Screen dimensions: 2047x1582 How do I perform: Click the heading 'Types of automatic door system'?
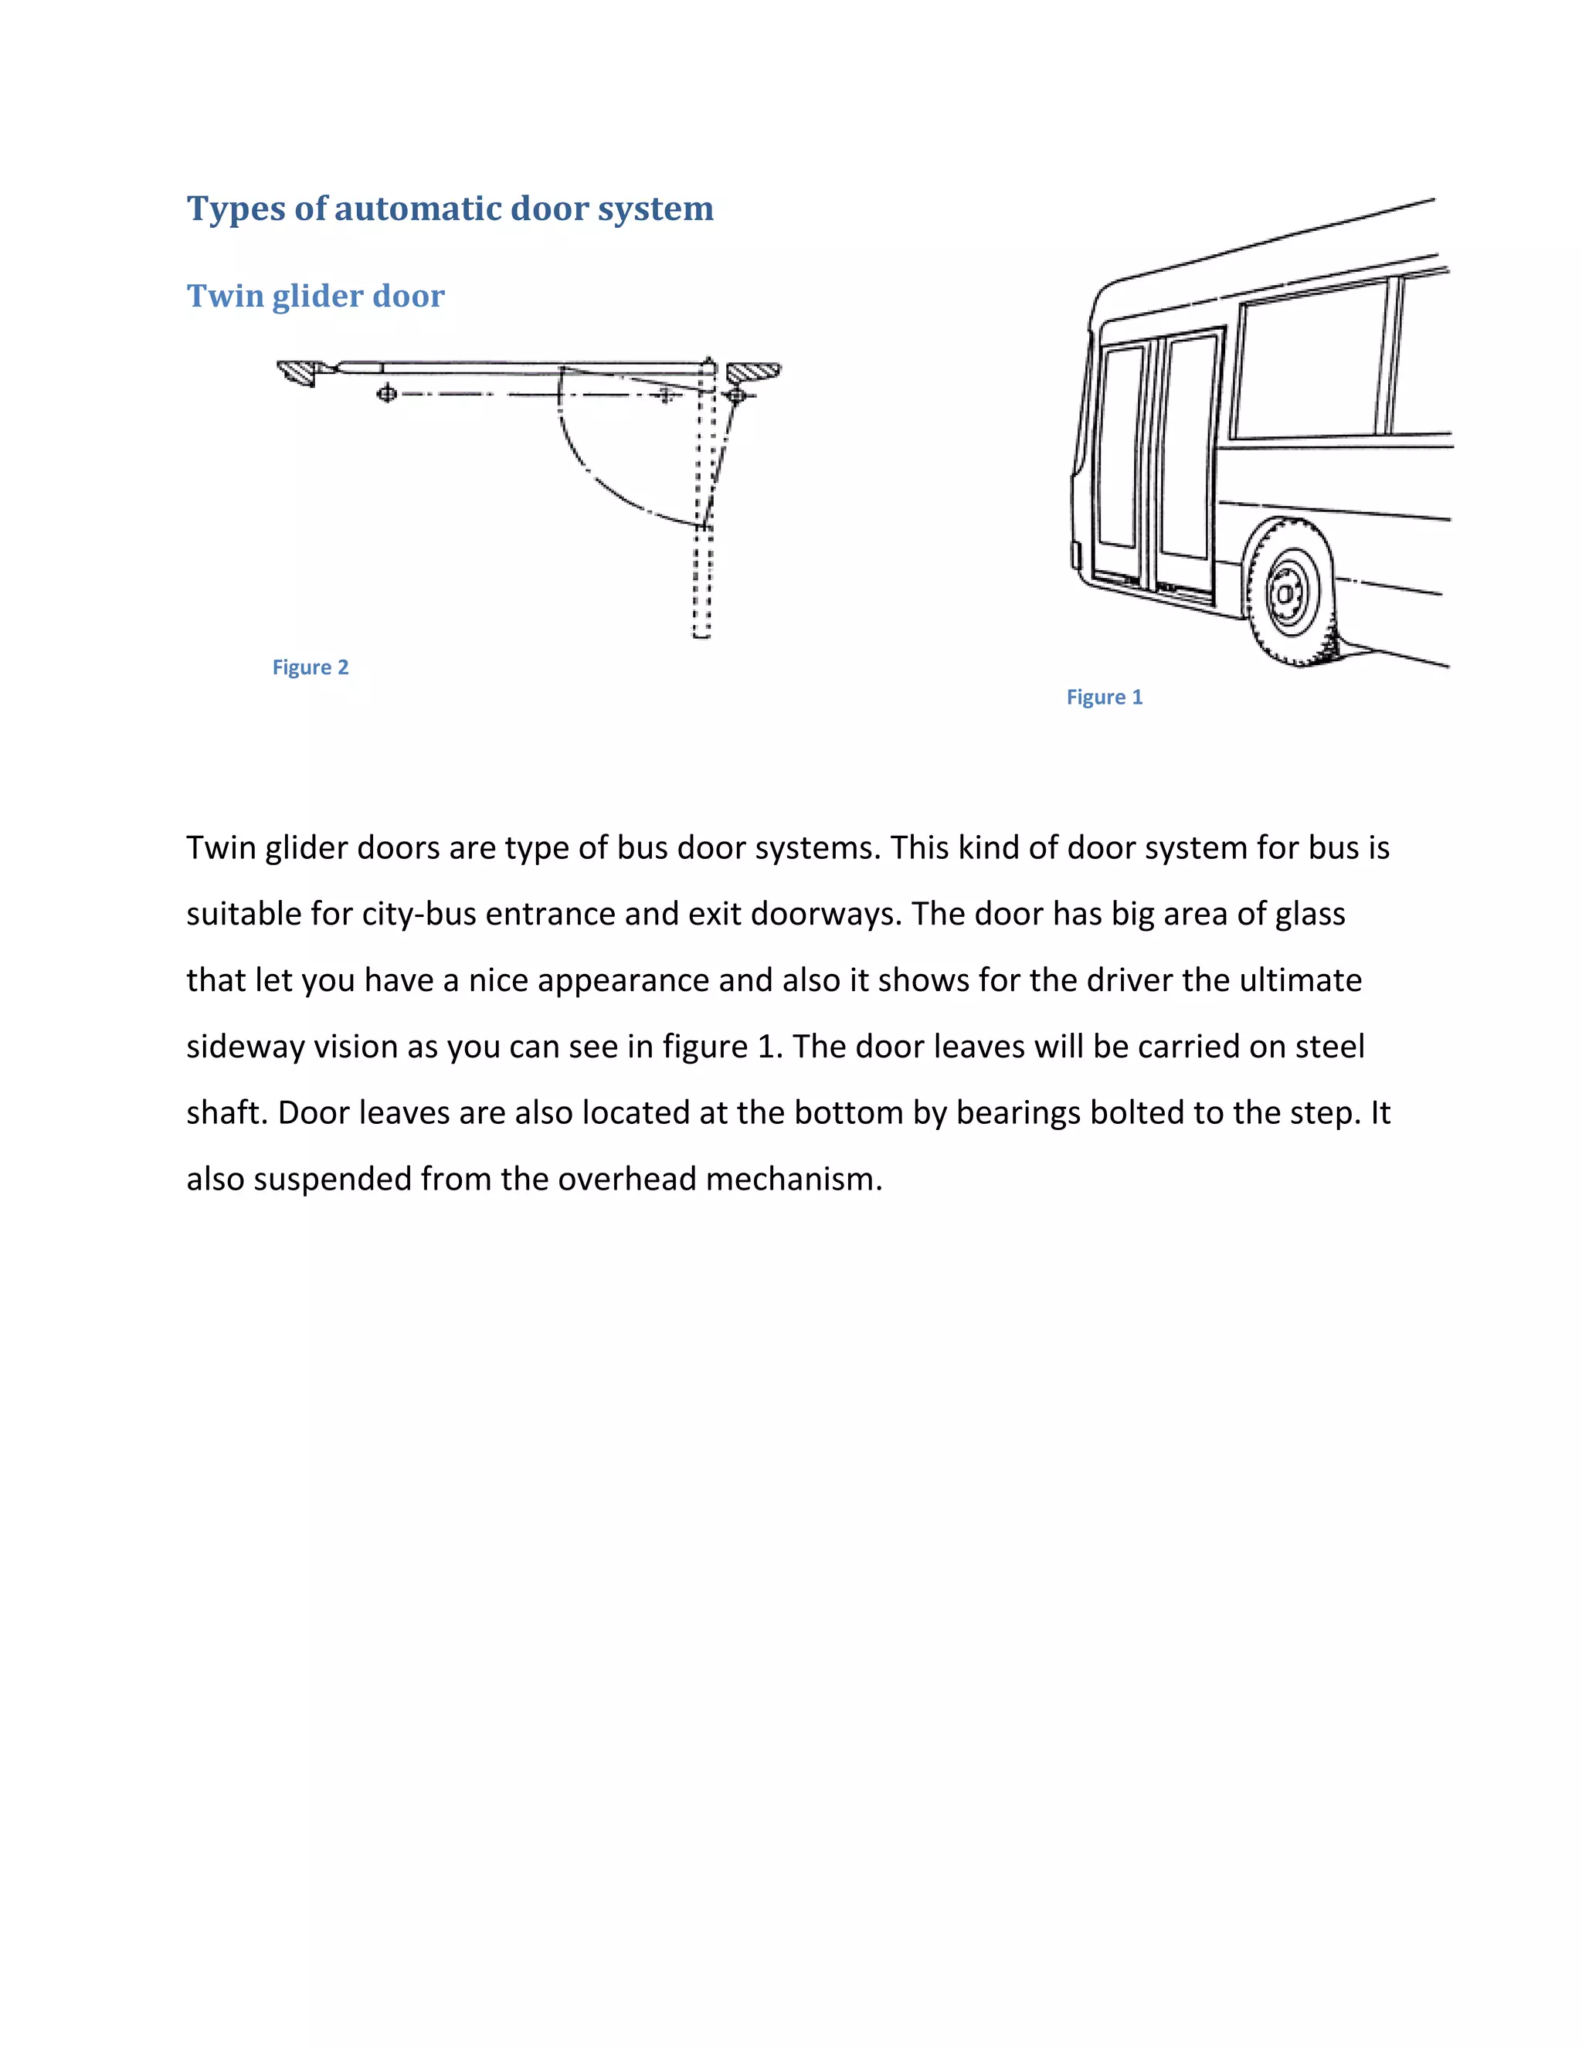[x=450, y=208]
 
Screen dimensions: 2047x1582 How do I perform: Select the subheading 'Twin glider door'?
[x=315, y=296]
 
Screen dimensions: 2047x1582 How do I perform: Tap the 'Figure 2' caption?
[x=311, y=667]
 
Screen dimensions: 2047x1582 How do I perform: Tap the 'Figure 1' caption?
[x=1104, y=698]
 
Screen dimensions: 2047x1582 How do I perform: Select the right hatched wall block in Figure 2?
[x=752, y=372]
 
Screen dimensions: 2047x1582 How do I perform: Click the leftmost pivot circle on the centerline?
[x=386, y=394]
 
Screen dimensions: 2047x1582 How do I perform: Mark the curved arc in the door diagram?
[x=599, y=479]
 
